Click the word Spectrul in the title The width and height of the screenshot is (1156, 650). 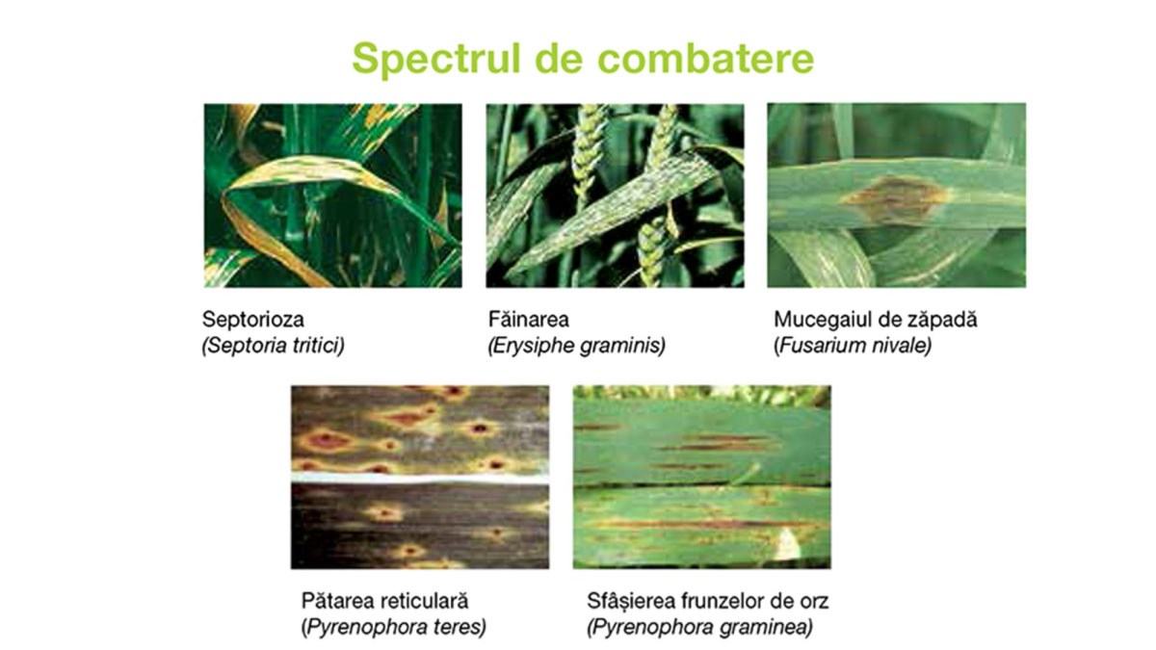coord(436,60)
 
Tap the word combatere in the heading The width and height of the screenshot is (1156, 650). coord(705,59)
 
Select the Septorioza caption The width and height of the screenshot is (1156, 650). coord(252,320)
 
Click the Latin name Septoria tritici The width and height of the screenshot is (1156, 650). coord(273,345)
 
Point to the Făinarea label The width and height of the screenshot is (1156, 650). coord(529,319)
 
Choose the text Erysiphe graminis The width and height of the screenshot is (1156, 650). coord(577,345)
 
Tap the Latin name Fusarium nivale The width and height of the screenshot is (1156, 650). coord(853,345)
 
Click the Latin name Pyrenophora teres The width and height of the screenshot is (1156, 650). coord(394,627)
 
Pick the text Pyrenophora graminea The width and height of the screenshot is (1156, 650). coord(699,627)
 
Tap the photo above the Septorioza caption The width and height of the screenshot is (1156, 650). coord(333,195)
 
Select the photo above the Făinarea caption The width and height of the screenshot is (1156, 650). coord(615,195)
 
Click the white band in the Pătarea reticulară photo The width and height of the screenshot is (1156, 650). coord(420,479)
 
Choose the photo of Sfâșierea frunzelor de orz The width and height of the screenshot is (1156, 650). coord(702,478)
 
